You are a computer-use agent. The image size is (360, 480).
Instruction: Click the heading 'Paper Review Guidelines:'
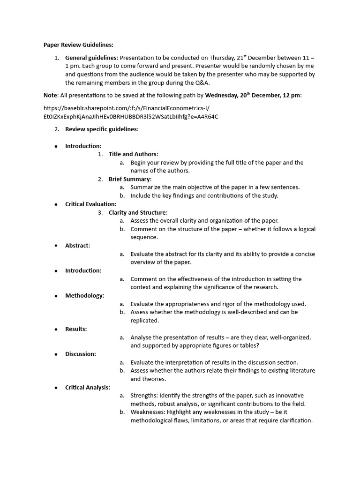[x=78, y=45]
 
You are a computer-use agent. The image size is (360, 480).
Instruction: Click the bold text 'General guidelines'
[x=90, y=58]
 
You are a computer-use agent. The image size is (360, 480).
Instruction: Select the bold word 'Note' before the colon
[x=50, y=95]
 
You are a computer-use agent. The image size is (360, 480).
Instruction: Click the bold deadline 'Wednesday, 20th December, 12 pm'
[x=253, y=95]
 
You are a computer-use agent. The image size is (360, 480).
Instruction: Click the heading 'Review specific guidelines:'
[x=102, y=129]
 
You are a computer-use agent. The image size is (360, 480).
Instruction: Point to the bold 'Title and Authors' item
[x=133, y=154]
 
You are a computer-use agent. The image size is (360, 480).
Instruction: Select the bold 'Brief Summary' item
[x=129, y=179]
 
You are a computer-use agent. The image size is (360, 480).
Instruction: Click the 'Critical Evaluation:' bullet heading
[x=91, y=204]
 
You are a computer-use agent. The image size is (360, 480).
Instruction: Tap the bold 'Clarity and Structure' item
[x=137, y=213]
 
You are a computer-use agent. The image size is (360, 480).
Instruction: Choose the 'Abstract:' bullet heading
[x=77, y=246]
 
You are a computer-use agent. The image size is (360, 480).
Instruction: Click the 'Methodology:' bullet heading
[x=84, y=295]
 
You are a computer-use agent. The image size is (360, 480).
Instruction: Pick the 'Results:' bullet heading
[x=76, y=329]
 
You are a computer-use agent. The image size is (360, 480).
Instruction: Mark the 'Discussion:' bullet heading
[x=81, y=354]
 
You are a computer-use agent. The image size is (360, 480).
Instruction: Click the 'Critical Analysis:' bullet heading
[x=88, y=387]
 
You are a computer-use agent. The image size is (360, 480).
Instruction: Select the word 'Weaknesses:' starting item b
[x=149, y=412]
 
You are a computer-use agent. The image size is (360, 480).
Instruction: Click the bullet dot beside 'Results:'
[x=56, y=329]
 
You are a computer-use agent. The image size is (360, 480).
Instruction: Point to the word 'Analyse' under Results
[x=142, y=337]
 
